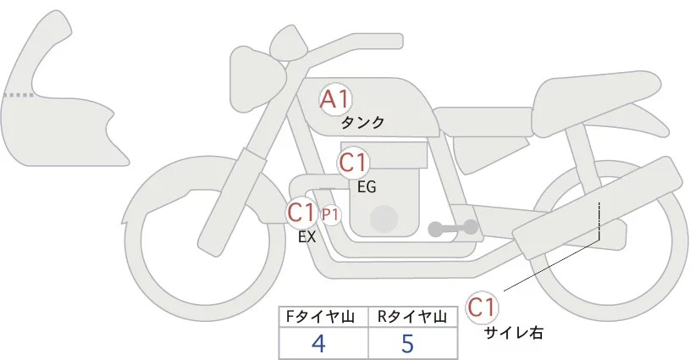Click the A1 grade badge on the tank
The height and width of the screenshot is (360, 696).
[x=334, y=99]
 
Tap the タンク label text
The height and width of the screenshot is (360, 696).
[x=362, y=123]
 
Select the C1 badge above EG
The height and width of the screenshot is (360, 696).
[x=354, y=163]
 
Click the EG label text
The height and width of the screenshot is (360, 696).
[x=367, y=186]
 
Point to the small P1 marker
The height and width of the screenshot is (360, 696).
[x=329, y=214]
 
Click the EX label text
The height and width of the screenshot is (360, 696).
[x=307, y=237]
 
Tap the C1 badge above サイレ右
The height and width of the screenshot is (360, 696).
[x=483, y=307]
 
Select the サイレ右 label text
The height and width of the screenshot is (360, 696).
[x=514, y=333]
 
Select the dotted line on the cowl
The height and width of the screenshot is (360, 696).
[x=21, y=96]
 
